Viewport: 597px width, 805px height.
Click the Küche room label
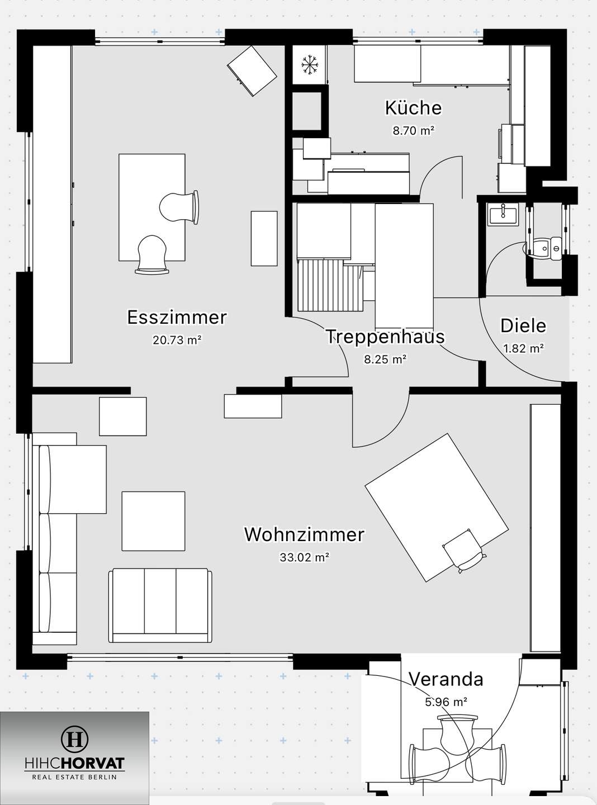413,108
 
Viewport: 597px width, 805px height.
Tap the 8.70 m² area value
413,131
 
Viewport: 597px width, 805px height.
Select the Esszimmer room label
177,318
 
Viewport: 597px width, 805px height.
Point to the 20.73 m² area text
177,340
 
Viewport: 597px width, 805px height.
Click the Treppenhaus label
385,337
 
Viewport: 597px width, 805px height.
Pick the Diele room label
523,326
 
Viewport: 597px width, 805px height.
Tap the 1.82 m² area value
523,348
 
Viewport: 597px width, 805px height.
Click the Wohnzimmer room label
304,534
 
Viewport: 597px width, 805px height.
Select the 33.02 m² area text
304,557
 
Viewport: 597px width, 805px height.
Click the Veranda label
446,679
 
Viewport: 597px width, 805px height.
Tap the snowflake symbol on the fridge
308,64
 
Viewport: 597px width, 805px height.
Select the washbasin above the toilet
503,215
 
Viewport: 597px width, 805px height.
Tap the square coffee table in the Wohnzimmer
153,521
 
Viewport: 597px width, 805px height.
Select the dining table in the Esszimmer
151,207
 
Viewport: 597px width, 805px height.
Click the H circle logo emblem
74,739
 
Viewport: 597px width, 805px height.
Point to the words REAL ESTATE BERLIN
74,777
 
